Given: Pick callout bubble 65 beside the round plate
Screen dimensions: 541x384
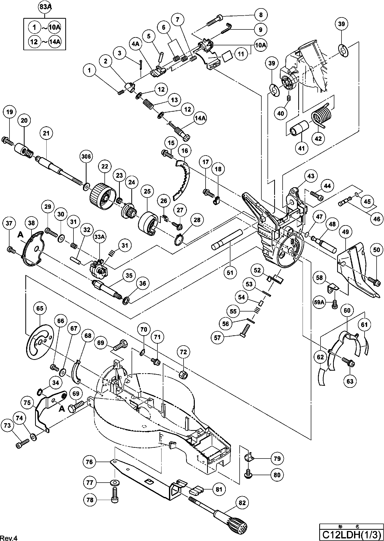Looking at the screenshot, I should point(40,308).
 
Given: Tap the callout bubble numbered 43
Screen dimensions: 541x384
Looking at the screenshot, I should point(311,176).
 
